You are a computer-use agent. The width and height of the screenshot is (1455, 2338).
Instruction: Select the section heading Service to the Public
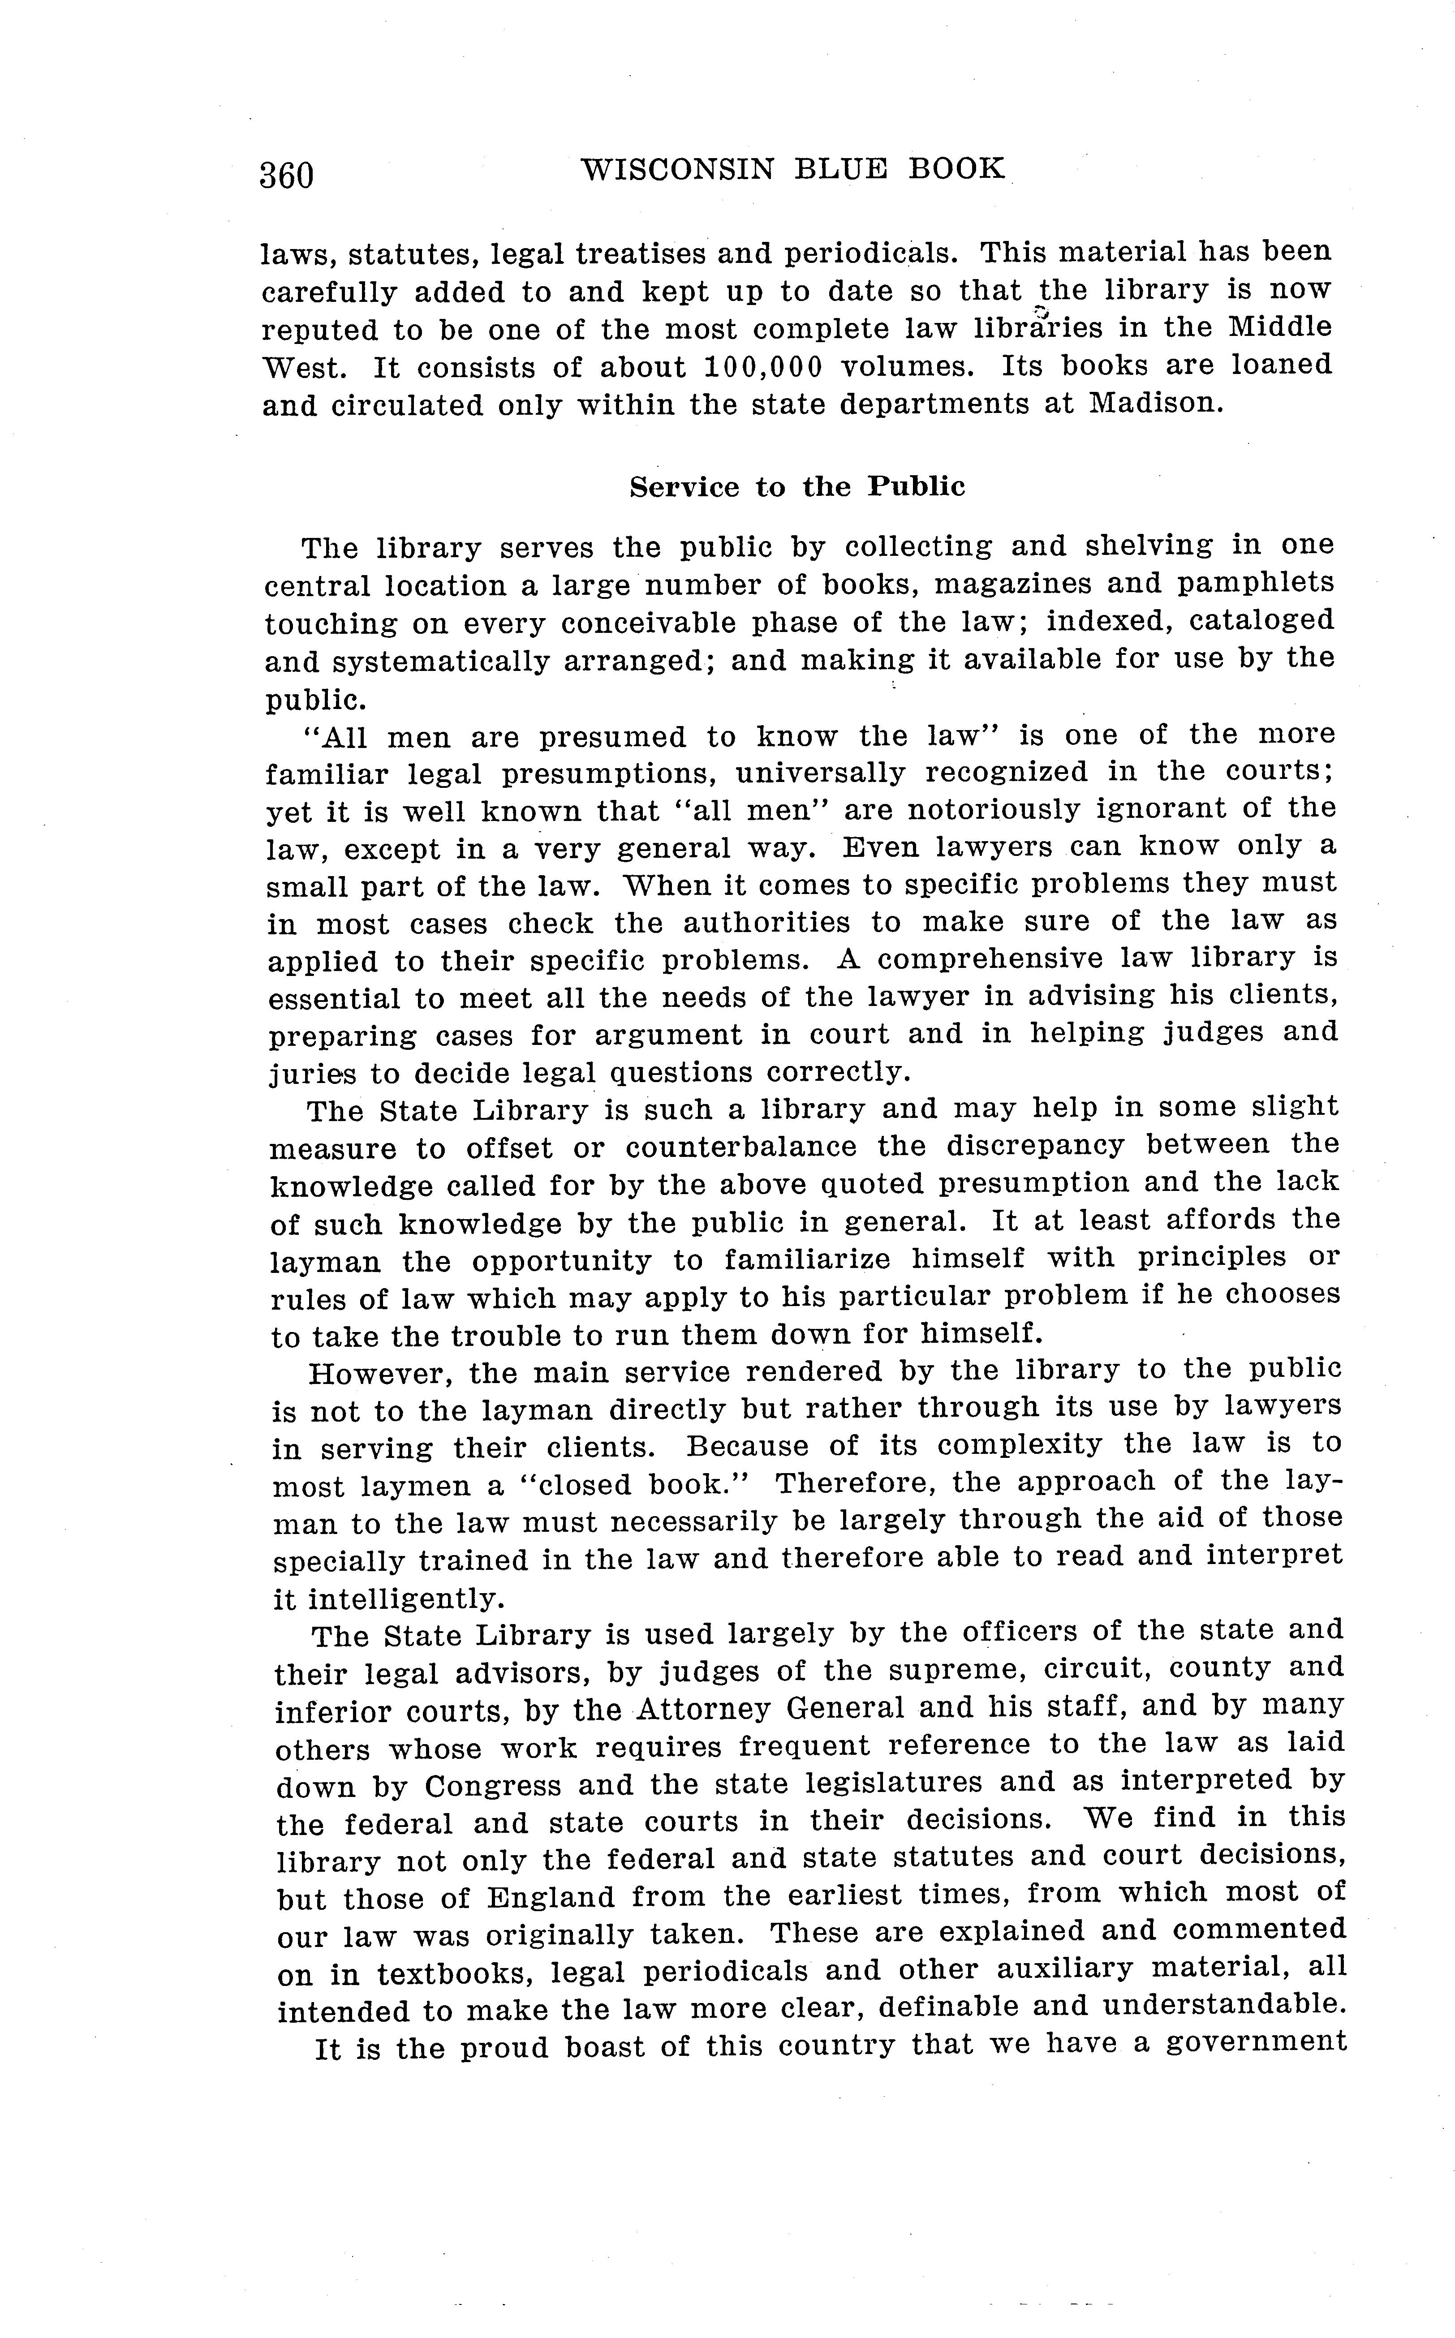(x=797, y=487)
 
